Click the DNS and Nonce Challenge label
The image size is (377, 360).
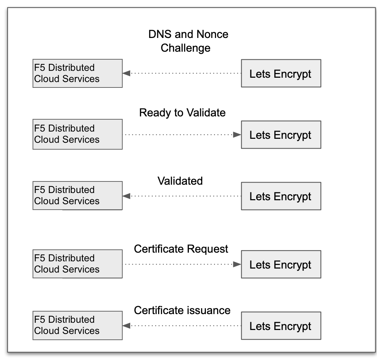point(188,41)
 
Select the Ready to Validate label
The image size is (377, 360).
point(182,113)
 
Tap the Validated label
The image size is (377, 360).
point(180,181)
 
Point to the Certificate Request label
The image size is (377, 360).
point(181,249)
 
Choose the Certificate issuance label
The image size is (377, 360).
point(182,310)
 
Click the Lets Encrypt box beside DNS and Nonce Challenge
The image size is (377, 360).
point(281,73)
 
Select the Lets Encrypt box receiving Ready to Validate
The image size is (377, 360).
point(281,135)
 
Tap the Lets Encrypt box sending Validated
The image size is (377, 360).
point(281,196)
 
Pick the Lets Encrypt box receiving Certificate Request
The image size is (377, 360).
point(281,264)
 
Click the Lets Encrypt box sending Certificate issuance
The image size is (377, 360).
point(281,326)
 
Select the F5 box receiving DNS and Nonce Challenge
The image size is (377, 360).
point(77,73)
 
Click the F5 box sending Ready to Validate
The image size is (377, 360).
point(77,134)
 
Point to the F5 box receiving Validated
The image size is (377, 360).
point(77,196)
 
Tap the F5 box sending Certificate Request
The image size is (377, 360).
point(77,264)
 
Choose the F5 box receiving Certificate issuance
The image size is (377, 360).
point(77,325)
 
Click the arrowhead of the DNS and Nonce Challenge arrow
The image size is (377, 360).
point(126,73)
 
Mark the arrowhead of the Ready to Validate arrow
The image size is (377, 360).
point(237,135)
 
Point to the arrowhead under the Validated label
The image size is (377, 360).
point(126,196)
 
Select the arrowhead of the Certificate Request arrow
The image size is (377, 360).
point(237,264)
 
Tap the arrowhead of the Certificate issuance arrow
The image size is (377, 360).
point(126,326)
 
